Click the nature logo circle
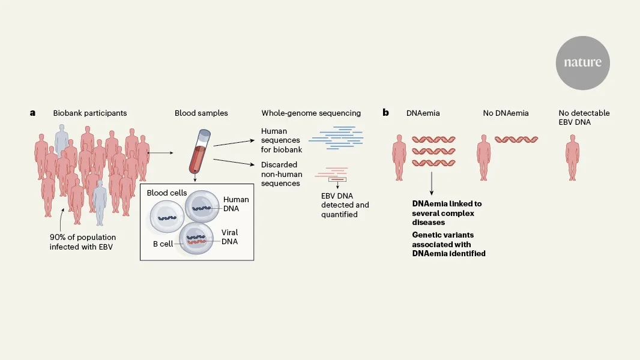pyautogui.click(x=582, y=62)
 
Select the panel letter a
pyautogui.click(x=33, y=113)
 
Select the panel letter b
pyautogui.click(x=386, y=113)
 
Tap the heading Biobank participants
pyautogui.click(x=90, y=113)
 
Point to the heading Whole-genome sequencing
pyautogui.click(x=311, y=113)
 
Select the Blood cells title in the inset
pyautogui.click(x=166, y=193)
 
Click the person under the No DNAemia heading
pyautogui.click(x=484, y=158)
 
